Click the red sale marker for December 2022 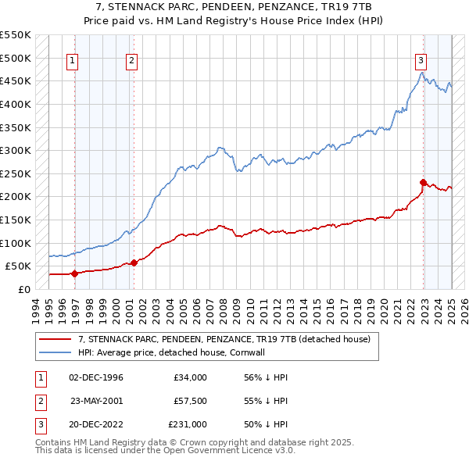(x=423, y=182)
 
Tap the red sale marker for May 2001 (x=134, y=263)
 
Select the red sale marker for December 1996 (x=75, y=273)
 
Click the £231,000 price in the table (x=188, y=424)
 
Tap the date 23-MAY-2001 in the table (x=97, y=401)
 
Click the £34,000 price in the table (x=190, y=377)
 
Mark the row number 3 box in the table (x=40, y=424)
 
